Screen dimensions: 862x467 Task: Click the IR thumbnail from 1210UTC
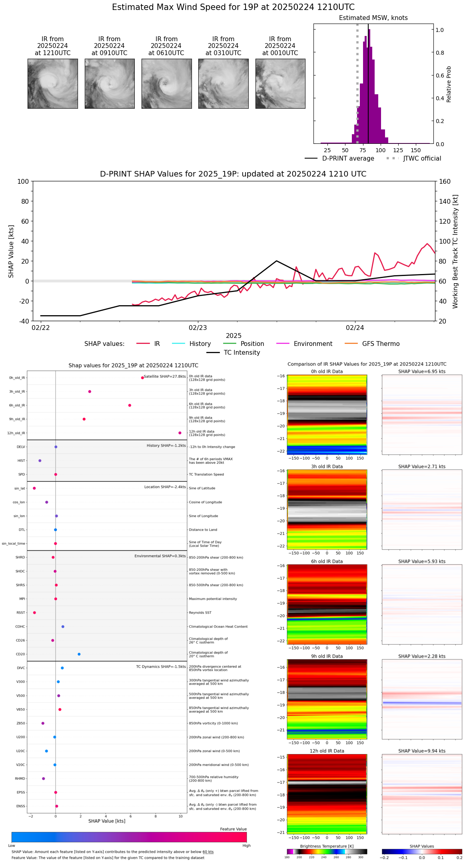52,83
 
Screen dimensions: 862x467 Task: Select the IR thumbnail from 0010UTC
280,83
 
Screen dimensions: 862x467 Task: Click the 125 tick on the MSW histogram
398,151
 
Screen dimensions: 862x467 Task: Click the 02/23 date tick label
198,328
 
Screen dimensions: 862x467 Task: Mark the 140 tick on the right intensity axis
445,201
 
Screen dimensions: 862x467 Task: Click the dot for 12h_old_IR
180,433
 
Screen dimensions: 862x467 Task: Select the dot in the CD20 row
79,654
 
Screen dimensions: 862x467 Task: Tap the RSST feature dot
34,613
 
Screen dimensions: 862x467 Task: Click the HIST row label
21,461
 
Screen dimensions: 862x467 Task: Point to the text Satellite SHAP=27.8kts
165,377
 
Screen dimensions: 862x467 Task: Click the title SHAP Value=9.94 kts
422,751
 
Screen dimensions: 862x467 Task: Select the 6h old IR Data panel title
327,562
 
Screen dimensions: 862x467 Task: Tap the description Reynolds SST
200,613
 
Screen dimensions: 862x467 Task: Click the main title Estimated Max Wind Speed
233,7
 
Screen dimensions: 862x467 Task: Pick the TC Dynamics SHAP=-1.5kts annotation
161,667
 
